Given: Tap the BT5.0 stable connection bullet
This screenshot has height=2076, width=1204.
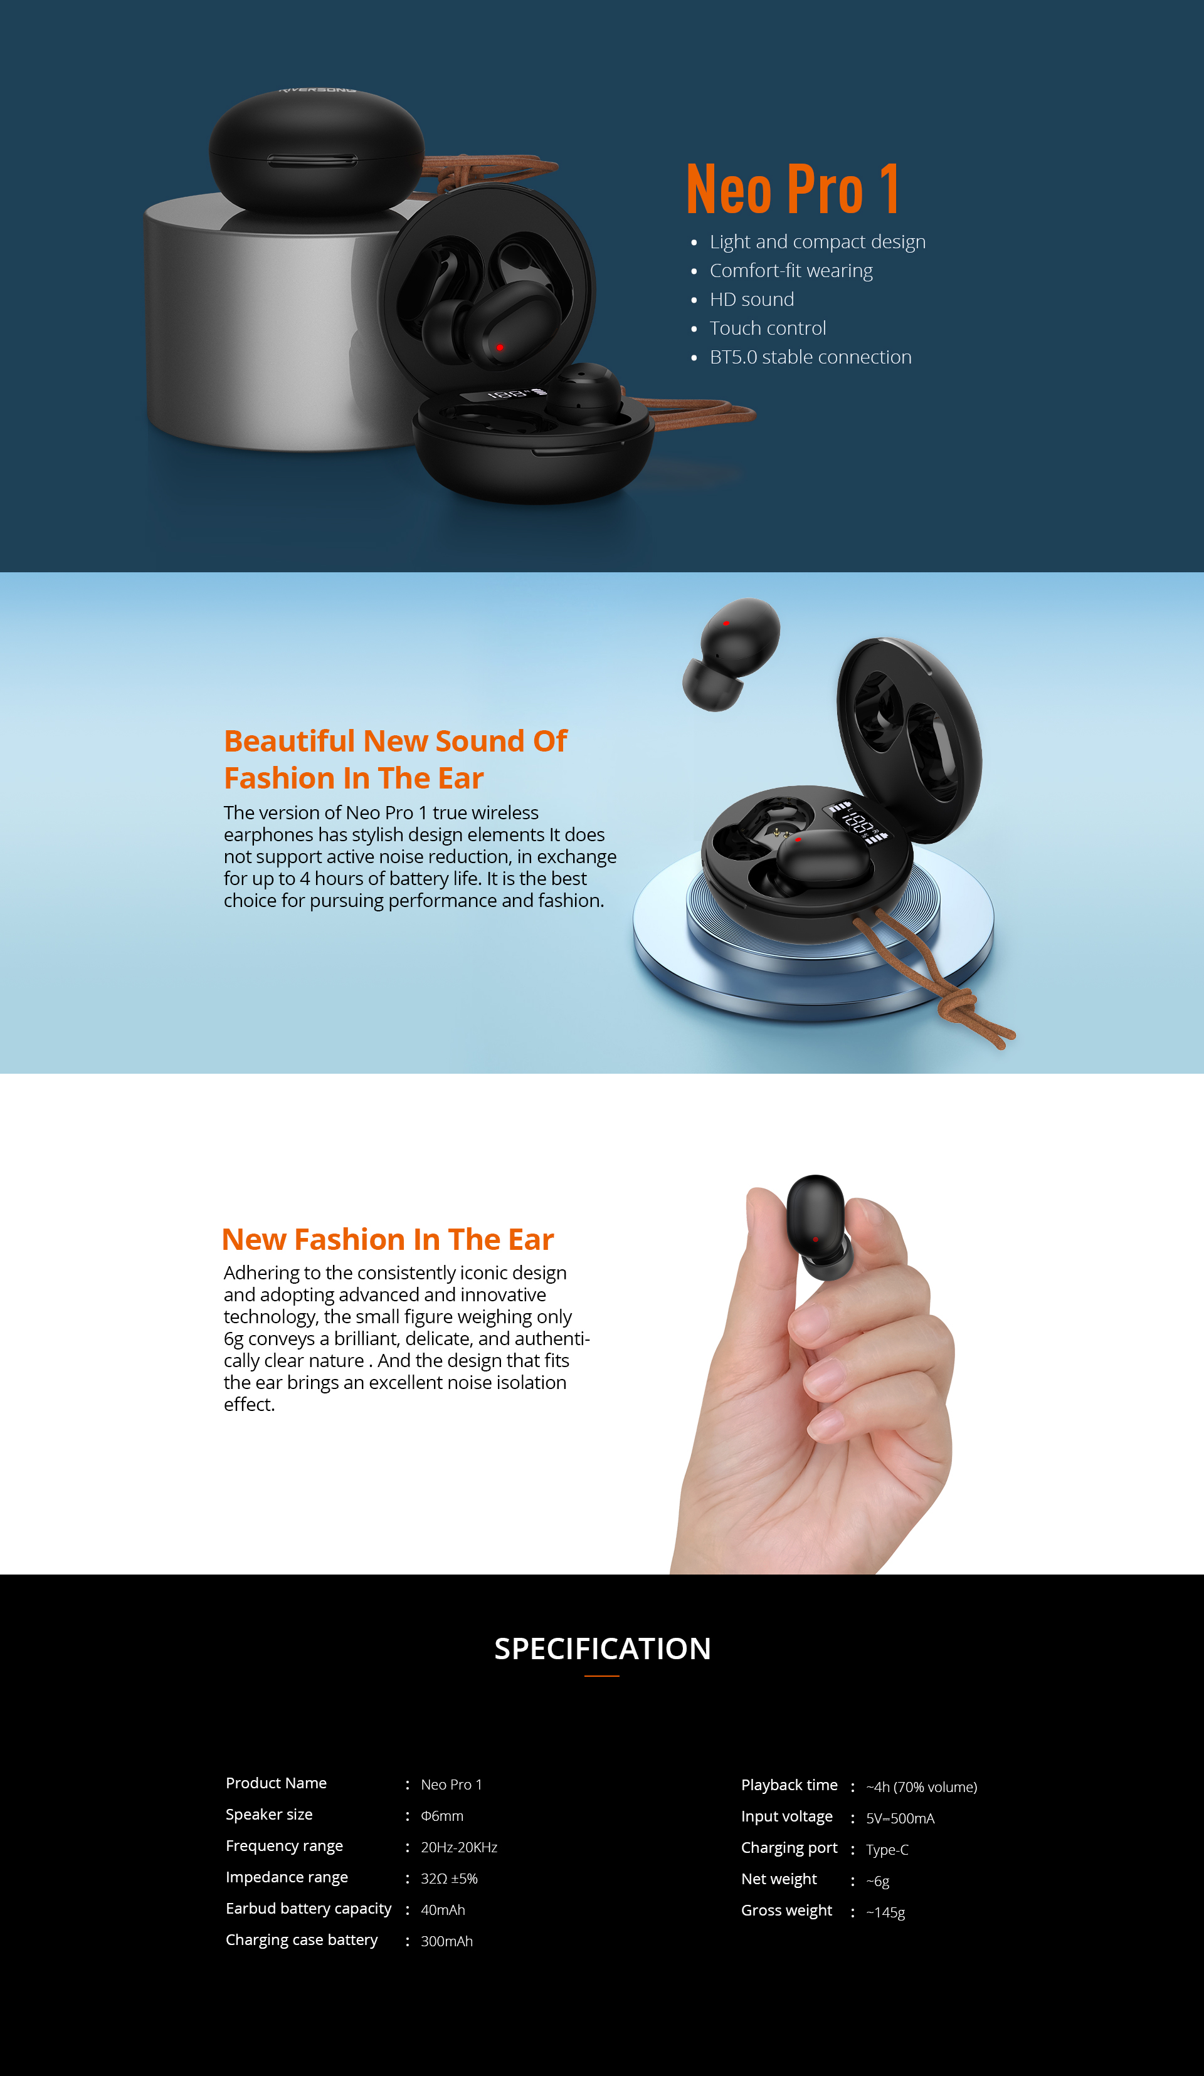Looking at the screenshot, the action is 810,357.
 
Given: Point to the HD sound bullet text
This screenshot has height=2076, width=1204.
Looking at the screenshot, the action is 752,299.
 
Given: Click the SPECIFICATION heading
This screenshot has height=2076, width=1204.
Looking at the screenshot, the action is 603,1649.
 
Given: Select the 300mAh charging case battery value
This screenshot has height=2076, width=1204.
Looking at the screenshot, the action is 446,1941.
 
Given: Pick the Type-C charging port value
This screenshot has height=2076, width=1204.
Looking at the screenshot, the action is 887,1850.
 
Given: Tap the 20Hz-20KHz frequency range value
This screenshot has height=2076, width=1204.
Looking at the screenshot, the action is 459,1847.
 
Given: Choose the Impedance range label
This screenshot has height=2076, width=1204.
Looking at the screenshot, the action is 287,1877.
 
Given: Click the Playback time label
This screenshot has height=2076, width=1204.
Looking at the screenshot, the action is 789,1785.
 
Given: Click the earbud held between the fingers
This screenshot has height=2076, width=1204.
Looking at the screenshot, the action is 818,1227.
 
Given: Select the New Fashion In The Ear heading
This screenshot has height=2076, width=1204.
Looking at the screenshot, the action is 388,1239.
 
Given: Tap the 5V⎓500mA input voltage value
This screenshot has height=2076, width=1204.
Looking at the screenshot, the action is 900,1818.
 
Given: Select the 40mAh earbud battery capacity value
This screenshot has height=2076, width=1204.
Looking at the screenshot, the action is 443,1910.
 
